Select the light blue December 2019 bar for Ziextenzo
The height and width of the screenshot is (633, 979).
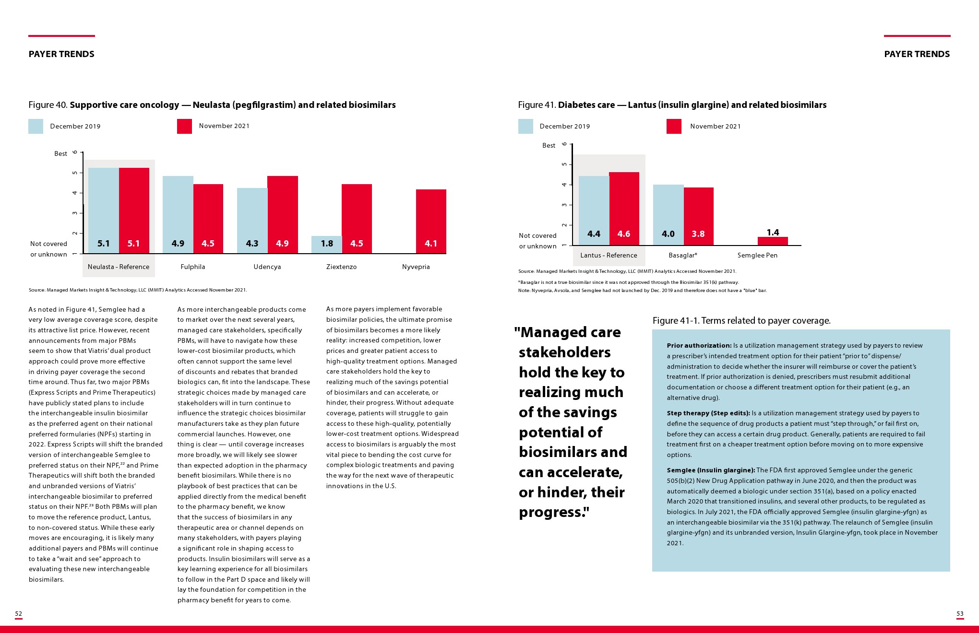coord(326,244)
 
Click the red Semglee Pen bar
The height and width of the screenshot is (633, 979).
coord(773,241)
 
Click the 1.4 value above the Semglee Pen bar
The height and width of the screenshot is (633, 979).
coord(773,233)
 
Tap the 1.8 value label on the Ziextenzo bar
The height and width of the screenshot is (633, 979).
coord(327,244)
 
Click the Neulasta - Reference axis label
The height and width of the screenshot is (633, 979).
coord(119,267)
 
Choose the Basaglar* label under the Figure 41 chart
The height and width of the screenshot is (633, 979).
coord(683,255)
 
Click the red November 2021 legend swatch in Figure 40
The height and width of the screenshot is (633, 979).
coord(184,126)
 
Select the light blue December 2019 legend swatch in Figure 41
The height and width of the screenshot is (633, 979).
coord(525,126)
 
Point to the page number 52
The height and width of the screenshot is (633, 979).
coord(19,614)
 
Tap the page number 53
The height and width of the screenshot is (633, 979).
coord(960,614)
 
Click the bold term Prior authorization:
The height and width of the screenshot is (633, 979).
coord(699,345)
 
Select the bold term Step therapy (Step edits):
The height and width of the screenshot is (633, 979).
coord(708,413)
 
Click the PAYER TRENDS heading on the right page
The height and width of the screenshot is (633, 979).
coord(917,54)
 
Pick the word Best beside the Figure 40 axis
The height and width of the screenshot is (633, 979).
coord(60,153)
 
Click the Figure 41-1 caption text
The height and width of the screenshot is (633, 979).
coord(741,320)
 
